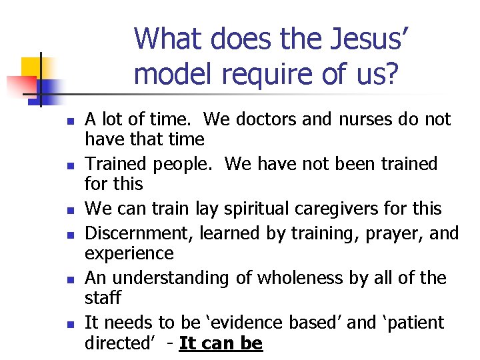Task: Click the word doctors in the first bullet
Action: point(262,119)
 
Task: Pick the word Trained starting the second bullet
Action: point(119,164)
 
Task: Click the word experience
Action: point(129,253)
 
